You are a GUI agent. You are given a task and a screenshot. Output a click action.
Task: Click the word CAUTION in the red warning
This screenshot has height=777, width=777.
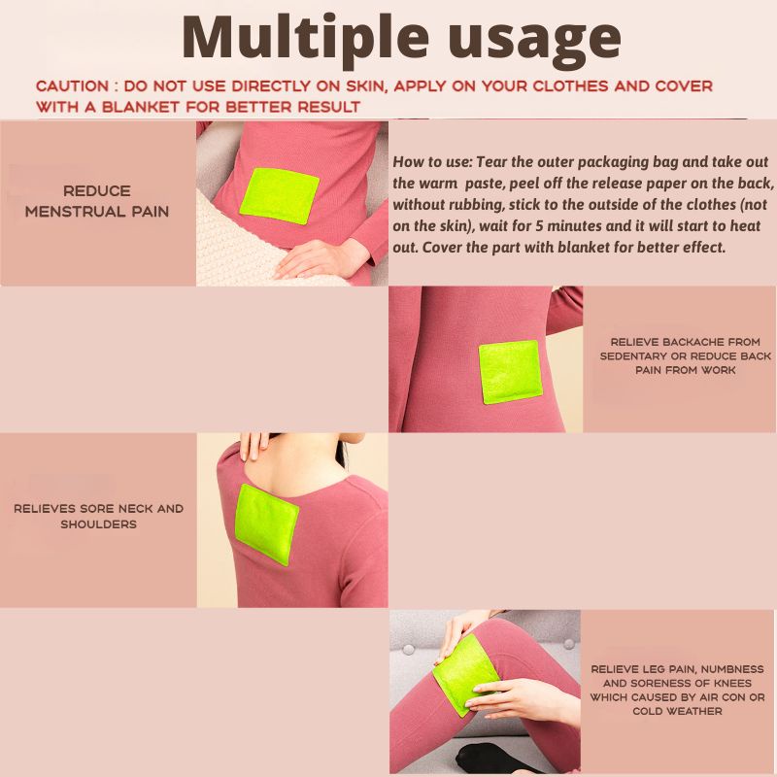(x=72, y=85)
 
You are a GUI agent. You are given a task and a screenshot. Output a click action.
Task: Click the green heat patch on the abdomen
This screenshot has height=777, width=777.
(x=280, y=196)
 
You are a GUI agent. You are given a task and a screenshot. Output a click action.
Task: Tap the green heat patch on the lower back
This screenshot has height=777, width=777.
(x=510, y=372)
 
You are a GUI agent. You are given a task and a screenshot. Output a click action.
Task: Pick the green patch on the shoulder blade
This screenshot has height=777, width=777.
(x=265, y=524)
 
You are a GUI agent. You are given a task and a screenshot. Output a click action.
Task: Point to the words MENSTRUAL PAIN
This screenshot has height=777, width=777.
(x=97, y=212)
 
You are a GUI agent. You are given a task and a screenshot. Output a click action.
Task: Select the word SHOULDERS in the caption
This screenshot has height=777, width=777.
(x=99, y=524)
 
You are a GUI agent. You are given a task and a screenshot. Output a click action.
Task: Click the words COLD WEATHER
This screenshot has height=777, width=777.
(x=677, y=711)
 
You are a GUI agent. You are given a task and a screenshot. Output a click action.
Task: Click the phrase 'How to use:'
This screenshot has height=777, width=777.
(x=433, y=162)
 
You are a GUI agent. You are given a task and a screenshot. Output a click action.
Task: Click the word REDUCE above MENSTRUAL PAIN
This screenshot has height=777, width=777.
(x=97, y=190)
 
